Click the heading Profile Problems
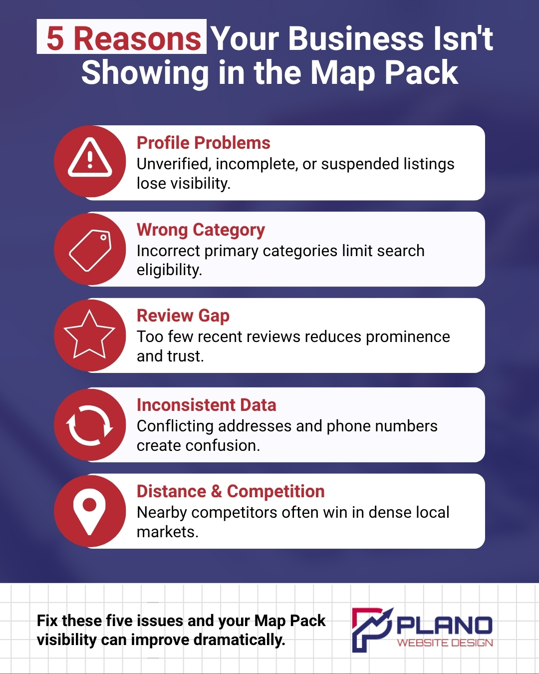click(204, 143)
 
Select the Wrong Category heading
click(201, 230)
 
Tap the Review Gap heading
click(183, 316)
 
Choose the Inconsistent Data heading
click(207, 405)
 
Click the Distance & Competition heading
click(231, 491)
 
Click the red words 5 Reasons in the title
click(123, 38)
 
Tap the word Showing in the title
click(145, 73)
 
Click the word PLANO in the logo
click(445, 626)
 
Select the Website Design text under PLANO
click(445, 643)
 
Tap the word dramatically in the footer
click(239, 640)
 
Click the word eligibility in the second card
click(170, 270)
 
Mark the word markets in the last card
click(168, 532)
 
